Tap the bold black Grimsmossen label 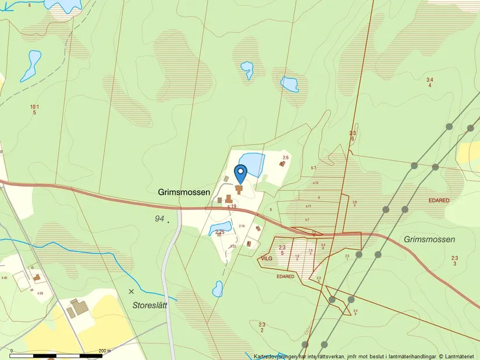(x=184, y=191)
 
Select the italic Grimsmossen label (x=429, y=240)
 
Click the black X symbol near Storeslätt (x=131, y=291)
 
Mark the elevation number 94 (x=159, y=219)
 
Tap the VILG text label (x=267, y=258)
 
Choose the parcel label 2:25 (x=219, y=233)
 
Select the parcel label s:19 (x=232, y=206)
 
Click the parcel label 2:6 (x=286, y=158)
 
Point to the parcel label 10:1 (x=34, y=107)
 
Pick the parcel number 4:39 (x=40, y=293)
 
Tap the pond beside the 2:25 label (x=221, y=226)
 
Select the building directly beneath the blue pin (x=239, y=190)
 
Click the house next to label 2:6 (x=282, y=164)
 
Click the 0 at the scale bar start (x=11, y=351)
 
